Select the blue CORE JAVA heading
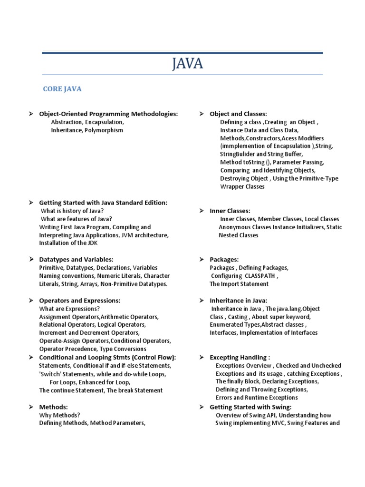coord(62,88)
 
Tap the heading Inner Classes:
coord(230,211)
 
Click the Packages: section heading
coord(224,260)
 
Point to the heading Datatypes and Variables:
coord(76,260)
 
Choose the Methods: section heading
coord(53,407)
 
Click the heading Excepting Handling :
coord(240,357)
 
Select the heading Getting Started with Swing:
coord(250,407)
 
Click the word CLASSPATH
coord(259,276)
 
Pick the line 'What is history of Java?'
coord(72,211)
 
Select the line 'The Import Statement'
coord(239,284)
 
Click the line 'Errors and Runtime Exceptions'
coord(257,398)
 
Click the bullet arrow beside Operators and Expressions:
coord(31,301)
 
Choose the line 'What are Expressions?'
coord(69,309)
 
